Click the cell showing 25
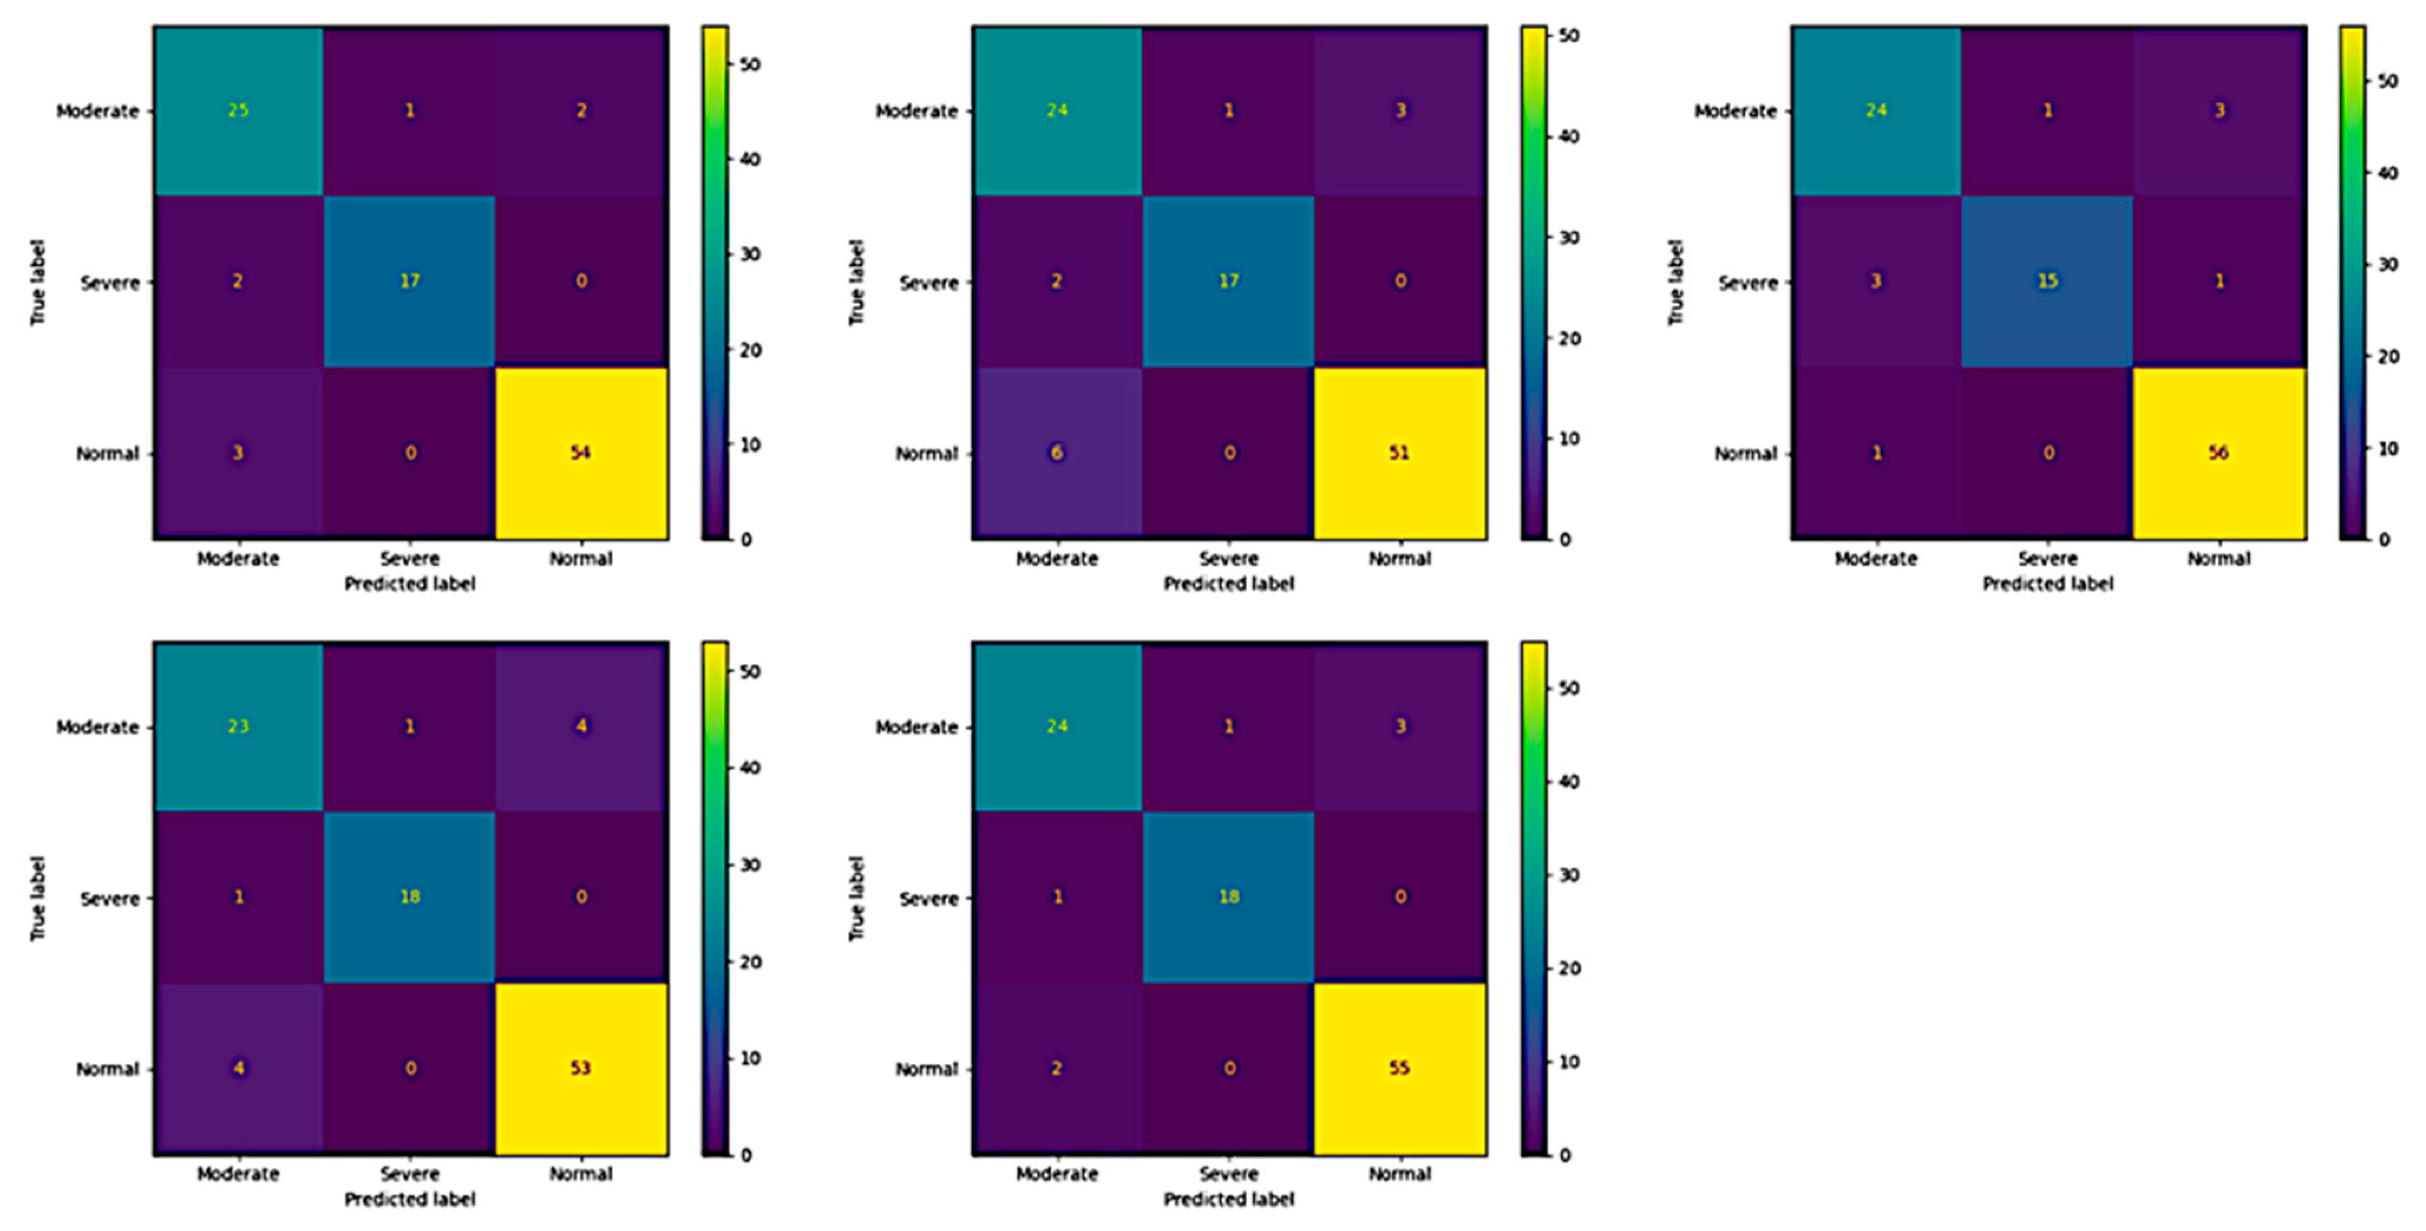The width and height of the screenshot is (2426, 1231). point(238,110)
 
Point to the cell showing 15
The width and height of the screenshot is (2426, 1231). point(2047,281)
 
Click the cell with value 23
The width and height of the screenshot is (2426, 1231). point(238,726)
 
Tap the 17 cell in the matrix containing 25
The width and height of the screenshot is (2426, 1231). point(410,281)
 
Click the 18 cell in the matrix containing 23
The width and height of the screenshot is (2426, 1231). point(410,896)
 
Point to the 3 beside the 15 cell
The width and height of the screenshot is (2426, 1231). point(1876,281)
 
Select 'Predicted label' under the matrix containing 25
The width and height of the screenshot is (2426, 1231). point(410,584)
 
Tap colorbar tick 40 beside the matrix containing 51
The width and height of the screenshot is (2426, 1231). point(1569,136)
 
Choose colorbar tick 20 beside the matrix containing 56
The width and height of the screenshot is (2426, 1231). point(2388,356)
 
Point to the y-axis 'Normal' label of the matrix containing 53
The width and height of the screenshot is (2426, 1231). point(107,1069)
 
